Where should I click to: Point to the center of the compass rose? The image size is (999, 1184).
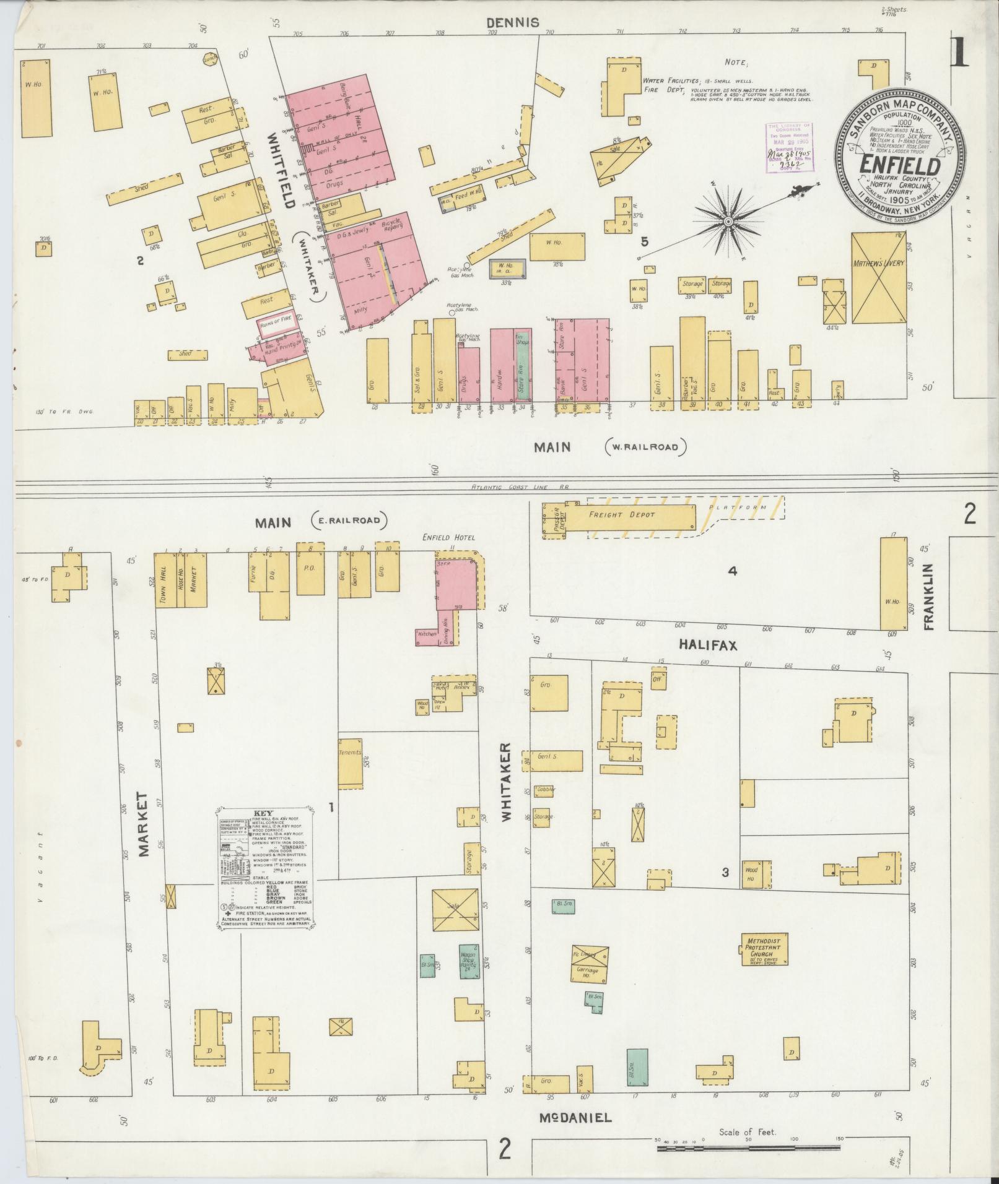[729, 221]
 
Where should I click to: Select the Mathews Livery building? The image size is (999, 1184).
[879, 278]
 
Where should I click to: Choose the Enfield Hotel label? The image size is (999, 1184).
[448, 537]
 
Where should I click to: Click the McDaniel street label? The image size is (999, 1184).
[576, 1118]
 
